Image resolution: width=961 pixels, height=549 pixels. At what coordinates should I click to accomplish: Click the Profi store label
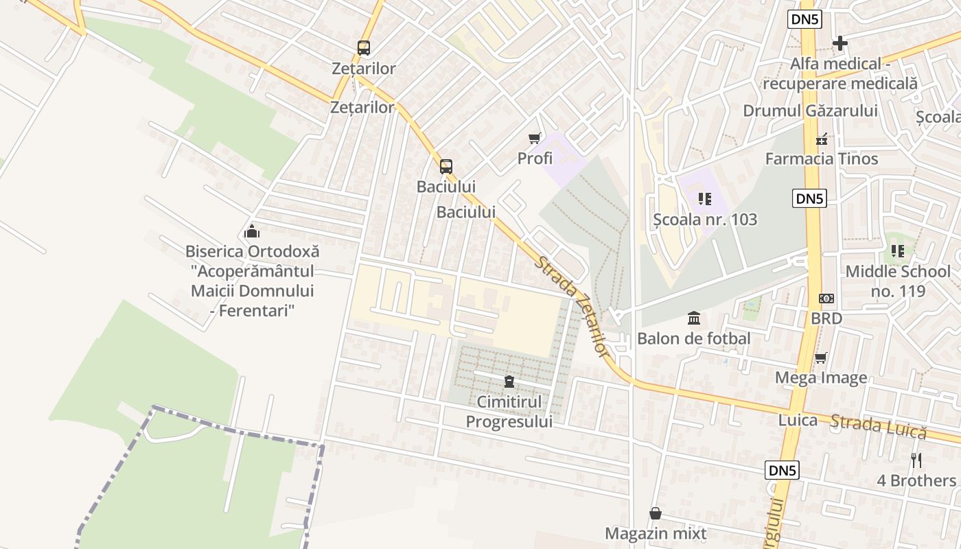click(x=535, y=159)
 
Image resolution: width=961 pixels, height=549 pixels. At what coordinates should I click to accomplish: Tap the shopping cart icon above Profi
click(x=535, y=139)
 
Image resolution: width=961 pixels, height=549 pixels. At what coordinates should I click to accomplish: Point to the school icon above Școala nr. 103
click(x=704, y=199)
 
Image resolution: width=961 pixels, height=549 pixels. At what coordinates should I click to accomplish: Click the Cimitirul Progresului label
click(x=509, y=412)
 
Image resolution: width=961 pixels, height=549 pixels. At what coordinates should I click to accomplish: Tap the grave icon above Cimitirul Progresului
click(x=509, y=382)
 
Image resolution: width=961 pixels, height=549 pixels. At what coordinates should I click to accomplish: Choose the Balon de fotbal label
click(x=693, y=338)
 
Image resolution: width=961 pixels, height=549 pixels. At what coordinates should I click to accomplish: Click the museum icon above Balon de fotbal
click(x=694, y=318)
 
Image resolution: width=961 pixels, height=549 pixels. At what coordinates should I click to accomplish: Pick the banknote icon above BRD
click(x=826, y=299)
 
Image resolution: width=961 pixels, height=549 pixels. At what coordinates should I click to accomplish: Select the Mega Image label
click(x=820, y=378)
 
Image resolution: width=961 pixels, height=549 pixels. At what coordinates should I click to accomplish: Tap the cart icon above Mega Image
click(x=820, y=358)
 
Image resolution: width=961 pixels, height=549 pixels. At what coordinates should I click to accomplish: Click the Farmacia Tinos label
click(x=822, y=159)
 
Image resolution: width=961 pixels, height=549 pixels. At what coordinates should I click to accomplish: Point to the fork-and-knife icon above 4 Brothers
click(x=916, y=460)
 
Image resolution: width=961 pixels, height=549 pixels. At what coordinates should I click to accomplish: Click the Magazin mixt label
click(x=656, y=533)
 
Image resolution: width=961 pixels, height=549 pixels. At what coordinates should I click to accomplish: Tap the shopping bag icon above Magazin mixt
click(x=656, y=513)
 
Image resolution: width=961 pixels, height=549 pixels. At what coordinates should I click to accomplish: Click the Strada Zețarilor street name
click(x=573, y=306)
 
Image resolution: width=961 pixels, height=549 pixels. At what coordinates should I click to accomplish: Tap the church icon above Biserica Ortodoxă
click(x=252, y=231)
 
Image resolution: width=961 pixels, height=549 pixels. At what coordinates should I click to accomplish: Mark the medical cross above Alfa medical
click(x=840, y=44)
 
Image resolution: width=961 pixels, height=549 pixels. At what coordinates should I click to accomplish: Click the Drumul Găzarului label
click(x=810, y=111)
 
